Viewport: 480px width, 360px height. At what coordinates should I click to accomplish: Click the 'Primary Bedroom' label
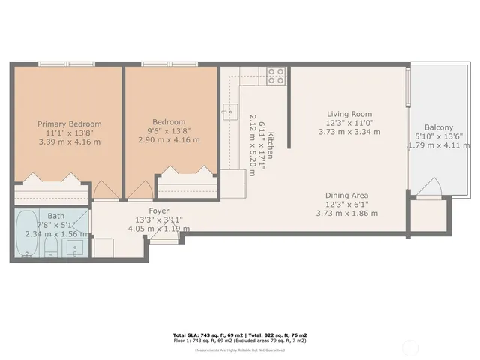[x=69, y=124]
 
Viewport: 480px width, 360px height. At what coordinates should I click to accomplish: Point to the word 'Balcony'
[x=439, y=127]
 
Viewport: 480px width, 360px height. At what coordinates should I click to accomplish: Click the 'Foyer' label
[x=158, y=211]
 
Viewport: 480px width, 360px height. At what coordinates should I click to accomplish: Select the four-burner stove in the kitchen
[x=276, y=76]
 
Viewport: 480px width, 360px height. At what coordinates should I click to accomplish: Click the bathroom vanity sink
[x=76, y=247]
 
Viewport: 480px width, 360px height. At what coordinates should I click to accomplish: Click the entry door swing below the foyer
[x=163, y=235]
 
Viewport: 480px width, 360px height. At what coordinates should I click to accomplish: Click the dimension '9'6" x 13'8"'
[x=169, y=132]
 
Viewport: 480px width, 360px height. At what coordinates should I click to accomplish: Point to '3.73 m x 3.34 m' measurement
[x=349, y=132]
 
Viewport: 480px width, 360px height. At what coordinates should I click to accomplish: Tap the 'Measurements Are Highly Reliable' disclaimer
[x=239, y=350]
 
